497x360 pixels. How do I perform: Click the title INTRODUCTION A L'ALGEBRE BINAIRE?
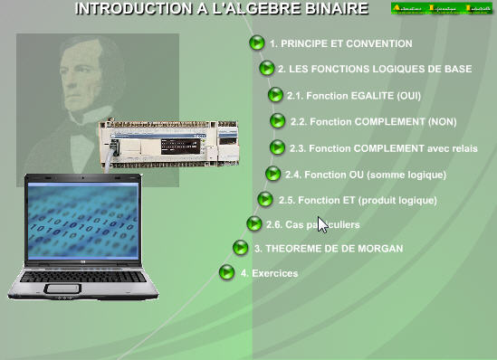coord(221,9)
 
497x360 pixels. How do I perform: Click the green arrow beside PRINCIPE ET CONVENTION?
coord(257,43)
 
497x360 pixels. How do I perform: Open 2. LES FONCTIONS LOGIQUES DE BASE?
coord(374,69)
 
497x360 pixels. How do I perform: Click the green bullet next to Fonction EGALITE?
coord(275,94)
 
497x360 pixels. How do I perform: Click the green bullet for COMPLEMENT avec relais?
coord(278,147)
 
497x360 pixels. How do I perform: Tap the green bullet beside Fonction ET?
coord(265,199)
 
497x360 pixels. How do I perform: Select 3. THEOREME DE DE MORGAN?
coord(329,248)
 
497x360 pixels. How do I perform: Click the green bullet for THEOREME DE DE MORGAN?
coord(241,247)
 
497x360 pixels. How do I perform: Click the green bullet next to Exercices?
coord(227,272)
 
